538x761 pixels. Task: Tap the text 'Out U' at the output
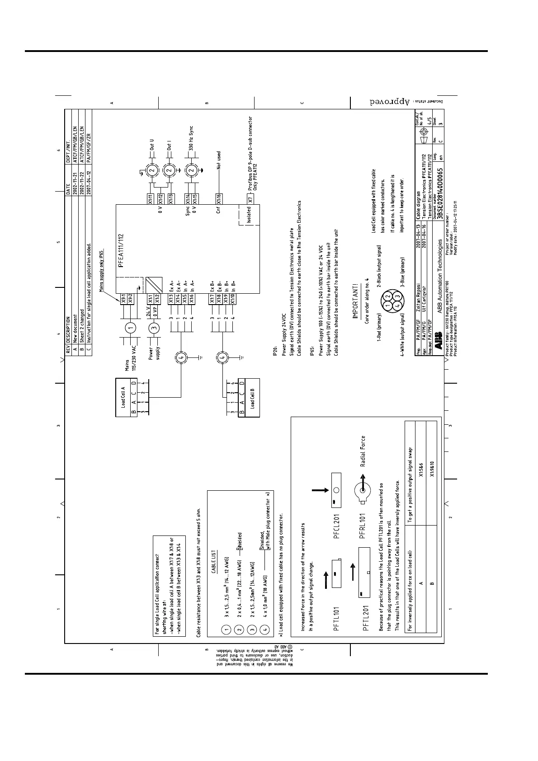[152, 145]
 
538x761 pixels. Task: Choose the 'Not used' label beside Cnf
[218, 160]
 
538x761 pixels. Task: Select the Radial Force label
[363, 451]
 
